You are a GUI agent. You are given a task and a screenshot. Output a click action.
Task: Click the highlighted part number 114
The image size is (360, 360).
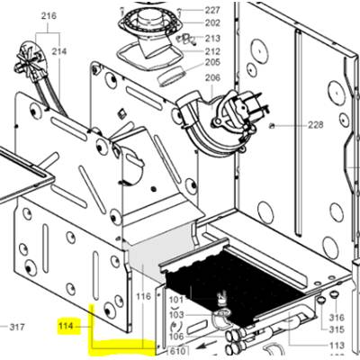click(x=66, y=326)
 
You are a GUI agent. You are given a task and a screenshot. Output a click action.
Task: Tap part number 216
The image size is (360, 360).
click(x=49, y=15)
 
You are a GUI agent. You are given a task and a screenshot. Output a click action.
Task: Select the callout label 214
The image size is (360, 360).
click(x=59, y=51)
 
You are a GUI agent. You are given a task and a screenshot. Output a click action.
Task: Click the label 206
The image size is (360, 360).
click(x=212, y=77)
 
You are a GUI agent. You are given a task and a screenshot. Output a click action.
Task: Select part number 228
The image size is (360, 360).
click(x=316, y=124)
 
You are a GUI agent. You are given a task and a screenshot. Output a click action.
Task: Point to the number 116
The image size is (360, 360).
click(x=143, y=297)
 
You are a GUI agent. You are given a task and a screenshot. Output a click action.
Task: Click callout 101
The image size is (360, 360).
click(x=176, y=300)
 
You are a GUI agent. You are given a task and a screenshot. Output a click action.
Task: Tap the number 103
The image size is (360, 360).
click(x=176, y=315)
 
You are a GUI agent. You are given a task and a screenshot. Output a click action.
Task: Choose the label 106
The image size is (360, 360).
click(x=176, y=337)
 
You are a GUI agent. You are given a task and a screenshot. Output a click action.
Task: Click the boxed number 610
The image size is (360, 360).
click(x=177, y=351)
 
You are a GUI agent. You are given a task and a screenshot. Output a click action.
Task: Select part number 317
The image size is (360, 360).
click(x=16, y=327)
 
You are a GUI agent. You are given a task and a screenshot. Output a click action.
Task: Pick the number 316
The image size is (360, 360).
click(x=337, y=318)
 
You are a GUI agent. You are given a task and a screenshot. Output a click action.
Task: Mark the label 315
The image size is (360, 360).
click(x=337, y=329)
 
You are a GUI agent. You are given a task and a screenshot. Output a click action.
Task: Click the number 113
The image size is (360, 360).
click(x=337, y=346)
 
